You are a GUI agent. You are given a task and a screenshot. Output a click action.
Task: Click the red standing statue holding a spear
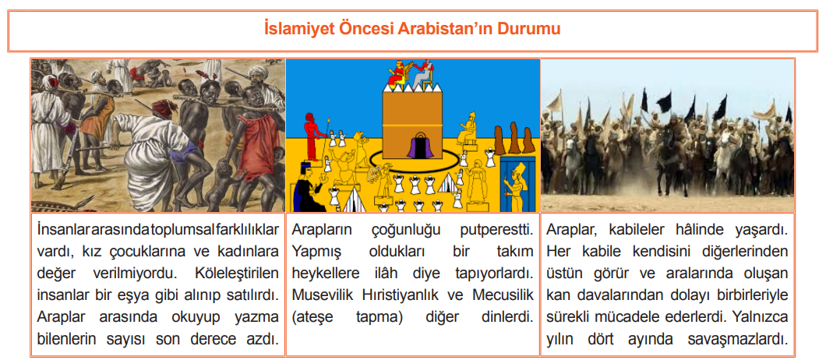click(312, 136)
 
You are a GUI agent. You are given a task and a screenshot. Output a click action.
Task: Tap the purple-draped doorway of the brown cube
click(419, 143)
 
